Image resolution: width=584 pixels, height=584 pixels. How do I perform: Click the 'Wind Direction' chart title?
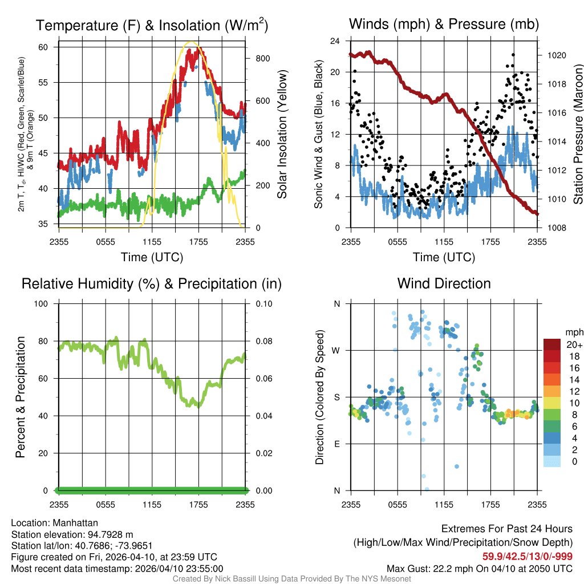(444, 283)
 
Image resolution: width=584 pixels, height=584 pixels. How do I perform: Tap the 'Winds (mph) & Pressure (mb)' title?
(444, 24)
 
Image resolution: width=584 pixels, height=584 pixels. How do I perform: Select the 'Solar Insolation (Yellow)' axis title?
(282, 135)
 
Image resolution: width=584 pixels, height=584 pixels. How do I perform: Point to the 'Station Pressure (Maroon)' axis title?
(577, 135)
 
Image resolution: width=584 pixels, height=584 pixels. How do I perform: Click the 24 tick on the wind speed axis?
(336, 41)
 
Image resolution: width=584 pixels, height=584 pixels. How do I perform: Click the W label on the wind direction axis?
(336, 350)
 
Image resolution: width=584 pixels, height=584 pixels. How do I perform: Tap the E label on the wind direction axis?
(336, 444)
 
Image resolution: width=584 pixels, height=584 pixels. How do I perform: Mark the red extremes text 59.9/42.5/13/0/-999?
(528, 557)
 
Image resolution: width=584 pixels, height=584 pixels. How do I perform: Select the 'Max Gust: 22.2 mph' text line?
(479, 568)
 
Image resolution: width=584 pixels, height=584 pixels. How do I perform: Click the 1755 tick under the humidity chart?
(198, 504)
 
